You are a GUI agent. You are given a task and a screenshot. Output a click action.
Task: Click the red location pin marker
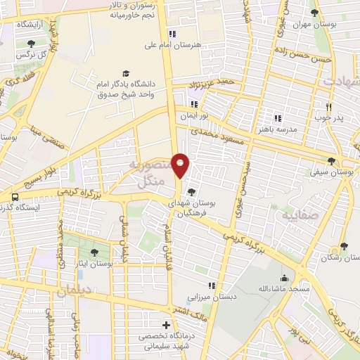pos(181,166)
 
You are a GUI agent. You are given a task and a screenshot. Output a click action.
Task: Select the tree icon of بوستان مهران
pos(314,12)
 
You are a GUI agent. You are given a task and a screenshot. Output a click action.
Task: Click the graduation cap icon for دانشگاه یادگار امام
pos(126,73)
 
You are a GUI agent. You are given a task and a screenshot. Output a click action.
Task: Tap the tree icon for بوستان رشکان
pos(344,246)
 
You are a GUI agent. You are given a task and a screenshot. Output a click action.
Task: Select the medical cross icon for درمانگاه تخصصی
pos(166,325)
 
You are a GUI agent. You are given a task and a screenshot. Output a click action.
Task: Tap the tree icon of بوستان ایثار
pos(94,252)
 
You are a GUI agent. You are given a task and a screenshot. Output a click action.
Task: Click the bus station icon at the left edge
pos(15,198)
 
